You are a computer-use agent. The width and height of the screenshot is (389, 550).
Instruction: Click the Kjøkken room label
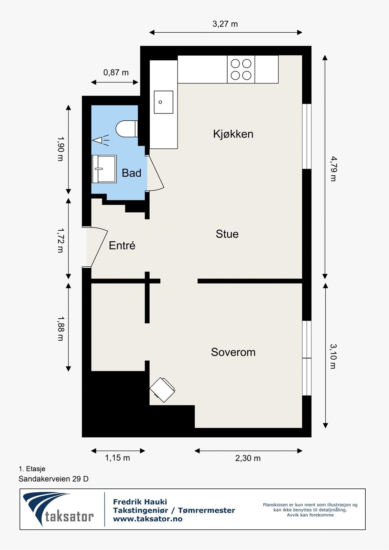(x=233, y=134)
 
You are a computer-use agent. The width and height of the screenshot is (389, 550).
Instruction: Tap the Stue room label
(x=227, y=234)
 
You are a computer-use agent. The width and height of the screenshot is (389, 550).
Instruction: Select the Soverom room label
(x=233, y=352)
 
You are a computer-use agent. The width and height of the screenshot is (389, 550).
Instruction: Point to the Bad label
(x=131, y=173)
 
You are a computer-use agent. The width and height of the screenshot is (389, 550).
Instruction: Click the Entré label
(x=122, y=245)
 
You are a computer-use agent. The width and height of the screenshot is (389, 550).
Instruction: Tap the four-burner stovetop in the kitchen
(x=241, y=69)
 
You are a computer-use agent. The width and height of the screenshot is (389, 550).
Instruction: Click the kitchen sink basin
(x=163, y=102)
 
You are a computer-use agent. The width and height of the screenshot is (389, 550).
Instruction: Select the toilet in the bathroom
(x=127, y=129)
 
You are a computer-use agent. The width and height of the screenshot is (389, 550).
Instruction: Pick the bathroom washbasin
(x=104, y=169)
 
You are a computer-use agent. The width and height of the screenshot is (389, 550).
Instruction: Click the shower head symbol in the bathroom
(x=101, y=140)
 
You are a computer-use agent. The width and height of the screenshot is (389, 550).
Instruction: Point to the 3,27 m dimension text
(x=225, y=24)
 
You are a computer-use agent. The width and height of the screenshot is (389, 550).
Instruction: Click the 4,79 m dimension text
(x=333, y=169)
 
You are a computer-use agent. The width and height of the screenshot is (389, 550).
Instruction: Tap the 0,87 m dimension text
(x=116, y=73)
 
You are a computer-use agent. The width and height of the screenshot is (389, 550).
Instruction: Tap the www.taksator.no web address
(x=148, y=519)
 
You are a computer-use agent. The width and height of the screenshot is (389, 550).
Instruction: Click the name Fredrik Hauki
(x=140, y=502)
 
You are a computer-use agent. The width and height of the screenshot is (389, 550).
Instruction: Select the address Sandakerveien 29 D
(x=54, y=479)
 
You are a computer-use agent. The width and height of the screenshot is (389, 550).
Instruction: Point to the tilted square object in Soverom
(x=162, y=390)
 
